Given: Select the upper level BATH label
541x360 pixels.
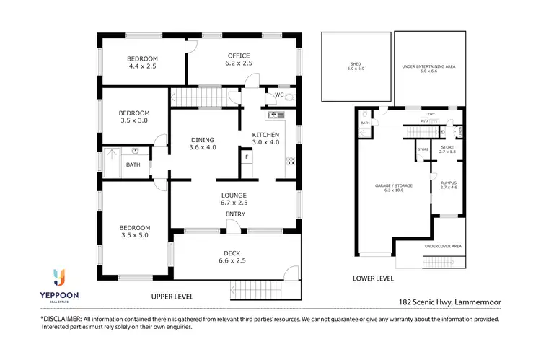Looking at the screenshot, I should (133, 164).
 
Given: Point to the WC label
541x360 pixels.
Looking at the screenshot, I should (278, 95).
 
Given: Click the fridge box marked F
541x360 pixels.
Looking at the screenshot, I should (246, 157).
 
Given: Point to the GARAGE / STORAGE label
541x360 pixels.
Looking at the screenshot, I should (393, 185).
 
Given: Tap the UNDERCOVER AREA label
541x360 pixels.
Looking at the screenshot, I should (443, 246).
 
